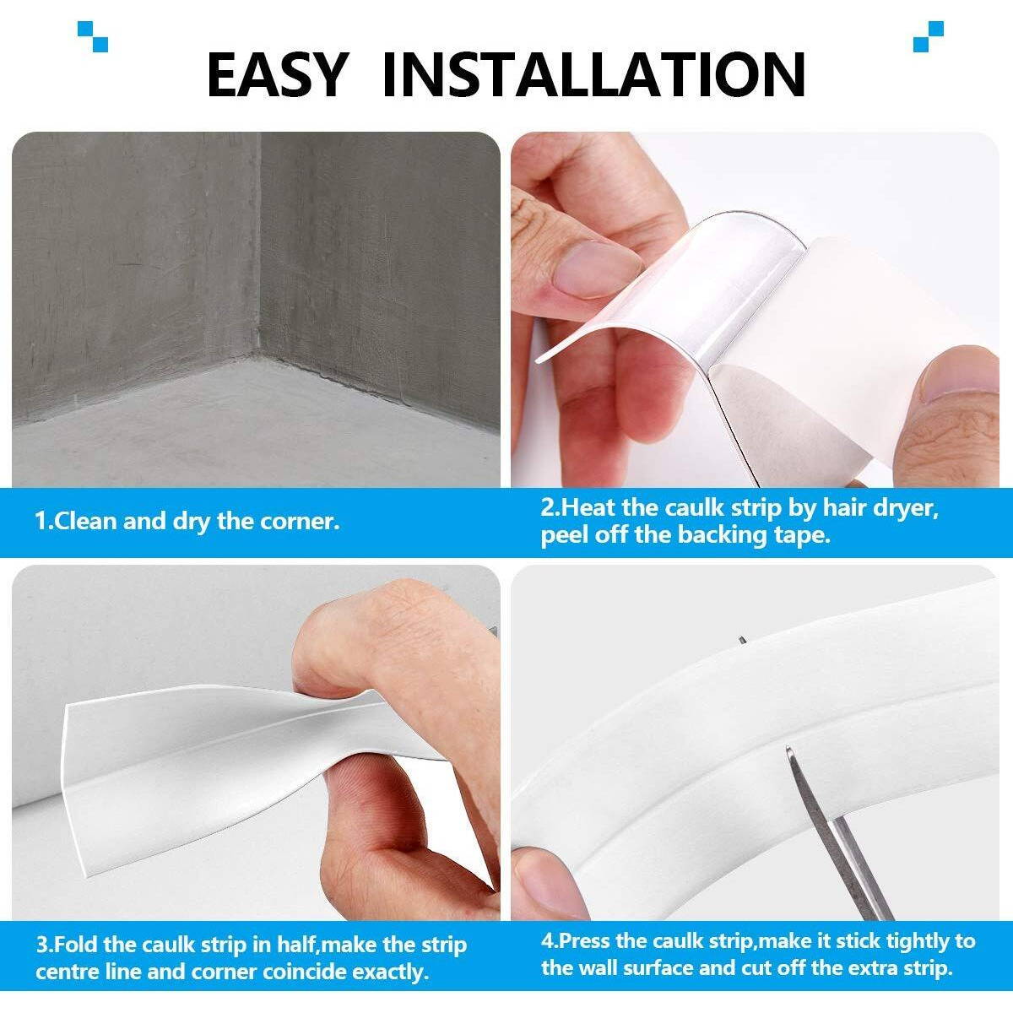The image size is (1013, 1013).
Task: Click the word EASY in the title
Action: [276, 74]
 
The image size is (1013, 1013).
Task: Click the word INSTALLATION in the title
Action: [593, 74]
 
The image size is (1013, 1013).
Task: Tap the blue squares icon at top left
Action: [92, 36]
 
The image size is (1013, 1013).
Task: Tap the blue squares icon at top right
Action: [928, 36]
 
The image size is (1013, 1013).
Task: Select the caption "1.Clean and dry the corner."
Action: [187, 521]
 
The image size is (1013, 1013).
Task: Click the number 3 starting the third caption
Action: [41, 945]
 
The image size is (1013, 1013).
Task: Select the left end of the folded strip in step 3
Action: [76, 743]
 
